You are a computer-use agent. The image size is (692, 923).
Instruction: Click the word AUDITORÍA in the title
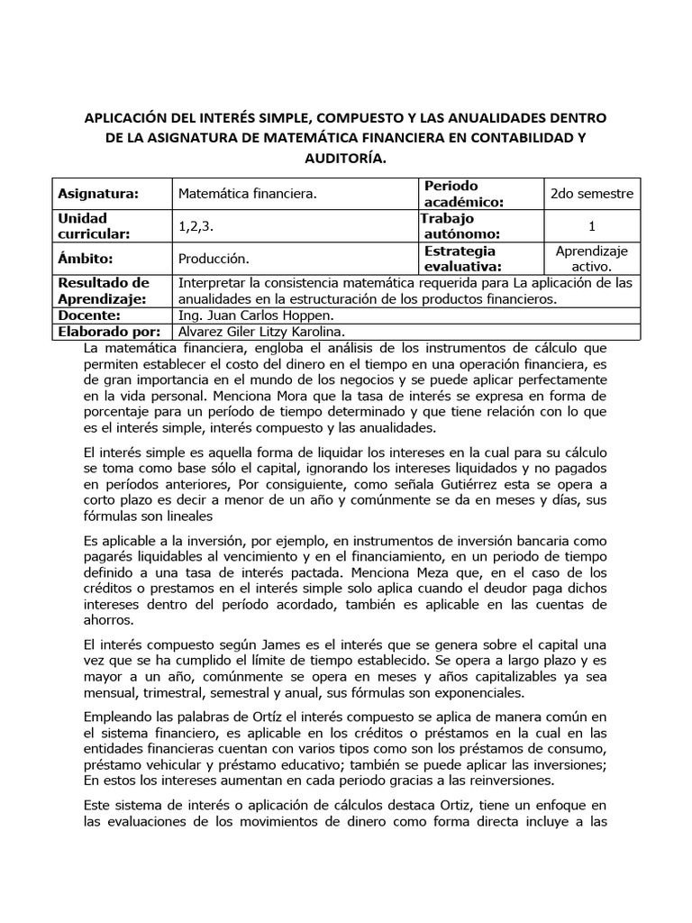346,158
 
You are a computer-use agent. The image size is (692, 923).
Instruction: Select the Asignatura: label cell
98,194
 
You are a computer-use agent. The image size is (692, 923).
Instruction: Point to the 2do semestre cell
592,194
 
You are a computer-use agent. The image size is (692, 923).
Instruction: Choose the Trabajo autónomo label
459,226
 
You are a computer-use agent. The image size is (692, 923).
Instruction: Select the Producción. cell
213,259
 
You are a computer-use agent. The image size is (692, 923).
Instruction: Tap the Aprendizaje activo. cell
592,259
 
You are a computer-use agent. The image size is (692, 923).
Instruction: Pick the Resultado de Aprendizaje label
104,291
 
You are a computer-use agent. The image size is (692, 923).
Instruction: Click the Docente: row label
88,315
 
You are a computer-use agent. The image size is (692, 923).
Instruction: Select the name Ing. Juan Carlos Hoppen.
257,315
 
